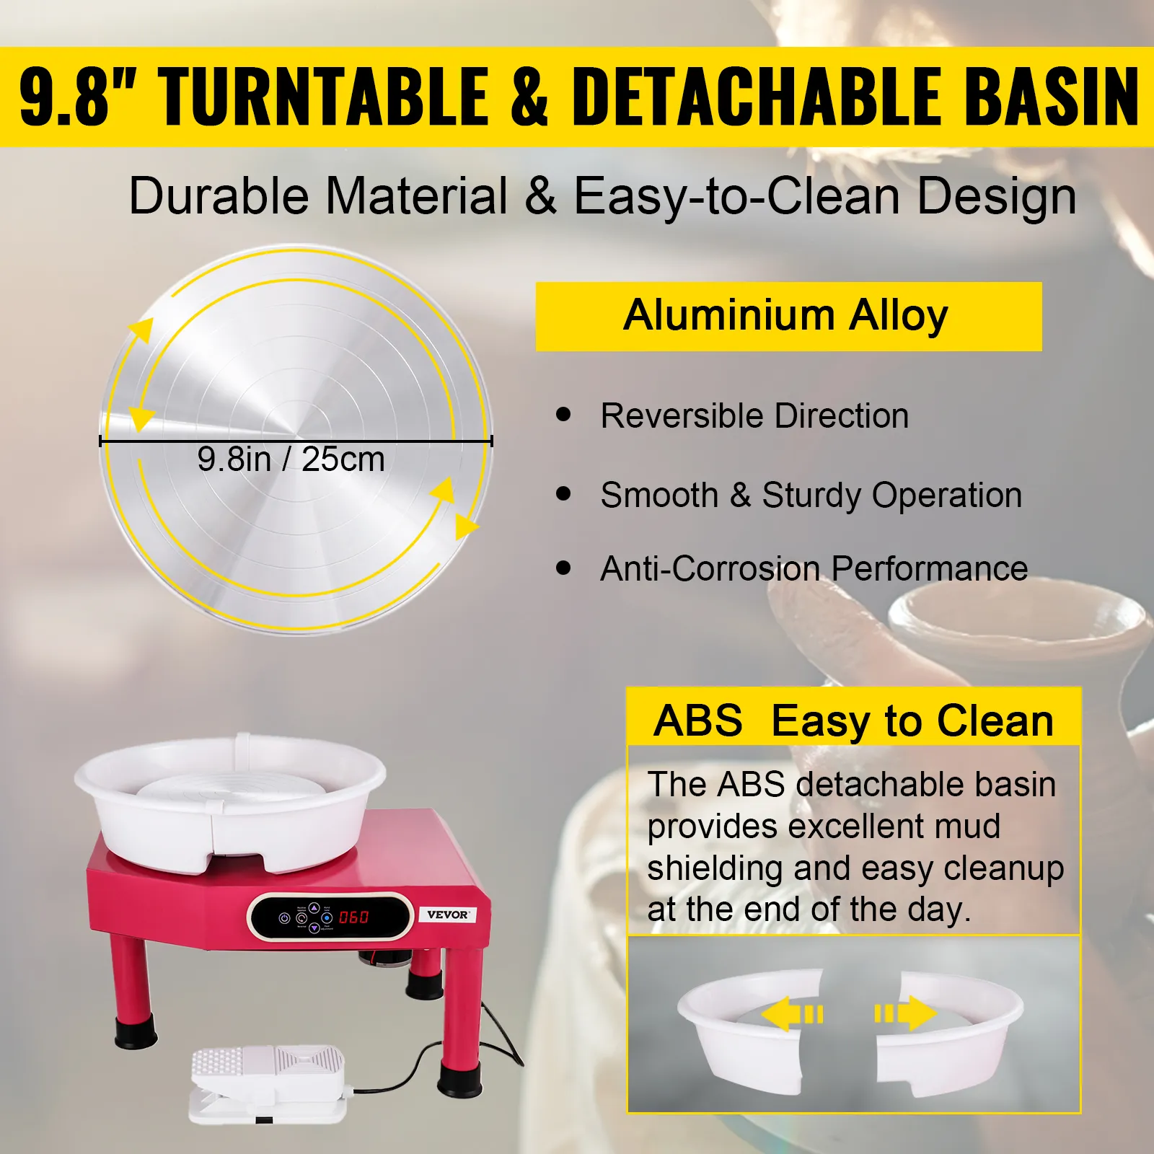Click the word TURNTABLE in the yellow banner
(x=325, y=97)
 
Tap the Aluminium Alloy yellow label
(x=788, y=317)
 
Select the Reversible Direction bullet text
(x=754, y=416)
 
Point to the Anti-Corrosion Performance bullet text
(x=814, y=568)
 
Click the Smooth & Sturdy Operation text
(x=811, y=495)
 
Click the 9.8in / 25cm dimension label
(x=291, y=459)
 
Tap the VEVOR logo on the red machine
(x=447, y=915)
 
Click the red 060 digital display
(x=353, y=917)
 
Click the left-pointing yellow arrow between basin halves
(x=792, y=1014)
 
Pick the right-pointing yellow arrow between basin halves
(x=907, y=1013)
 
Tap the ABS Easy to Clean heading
(x=854, y=721)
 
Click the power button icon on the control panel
(x=284, y=918)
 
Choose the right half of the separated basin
(x=950, y=1028)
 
